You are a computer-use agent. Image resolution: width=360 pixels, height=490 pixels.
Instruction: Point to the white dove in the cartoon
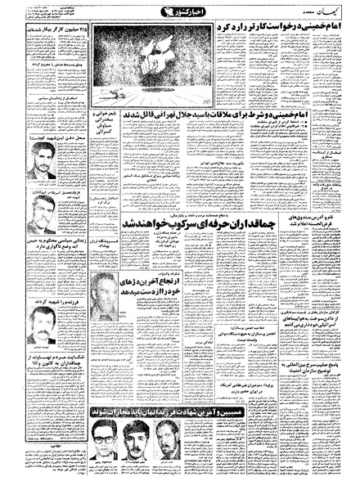[x=167, y=57]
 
